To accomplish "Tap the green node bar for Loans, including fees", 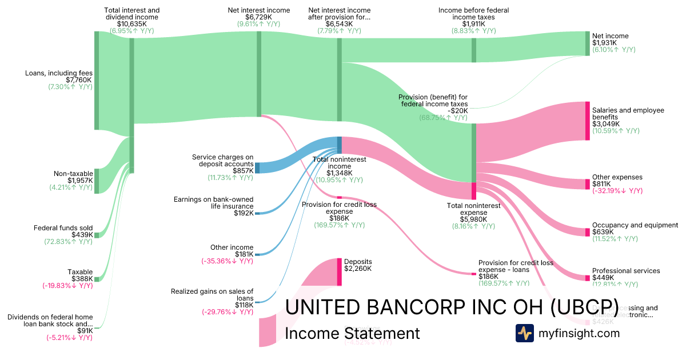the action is coord(97,81).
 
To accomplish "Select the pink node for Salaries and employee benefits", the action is coord(587,121).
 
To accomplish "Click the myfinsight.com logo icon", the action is coord(525,333).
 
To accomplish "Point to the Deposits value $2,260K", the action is coord(358,268).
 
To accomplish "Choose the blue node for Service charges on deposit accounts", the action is coord(257,167).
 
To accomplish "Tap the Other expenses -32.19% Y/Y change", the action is coord(617,191).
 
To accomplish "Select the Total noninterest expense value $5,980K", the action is coord(474,219).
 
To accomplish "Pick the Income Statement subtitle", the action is coord(352,333).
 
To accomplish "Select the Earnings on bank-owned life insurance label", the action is coord(213,202).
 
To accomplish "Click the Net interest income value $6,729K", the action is coord(258,18).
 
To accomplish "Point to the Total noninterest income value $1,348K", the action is coord(339,173).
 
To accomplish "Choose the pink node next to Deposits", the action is coord(339,271).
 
